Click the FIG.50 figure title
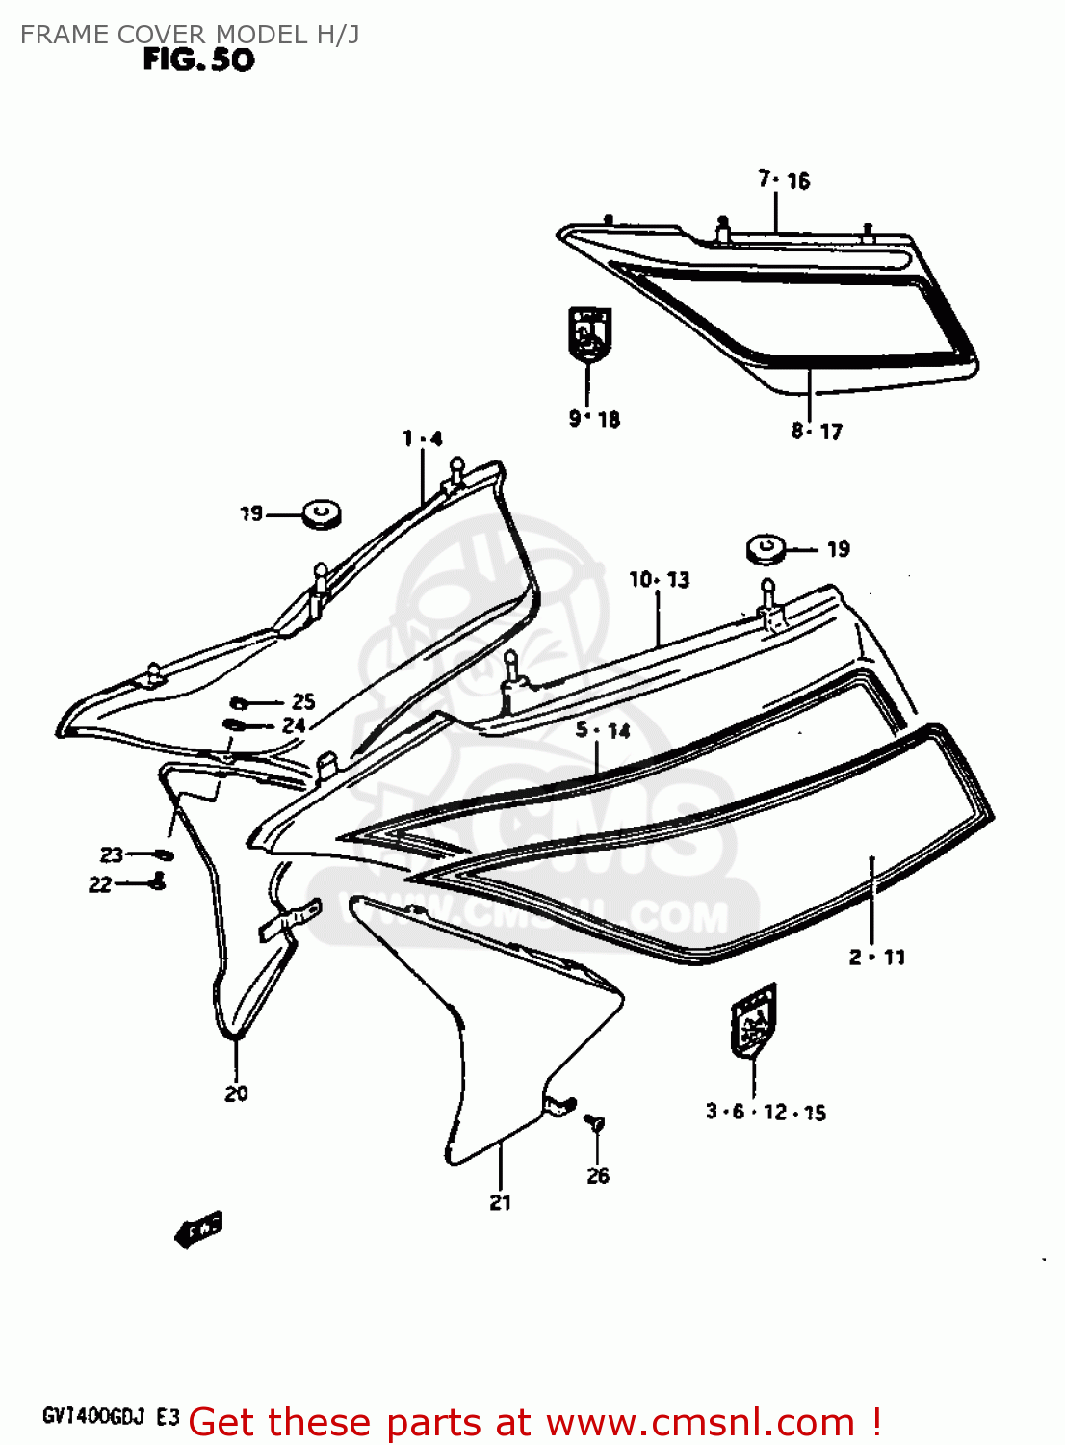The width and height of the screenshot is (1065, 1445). [198, 60]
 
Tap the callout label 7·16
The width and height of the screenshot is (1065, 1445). [784, 180]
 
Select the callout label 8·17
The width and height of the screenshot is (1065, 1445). [817, 432]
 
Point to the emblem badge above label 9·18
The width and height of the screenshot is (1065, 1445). [589, 333]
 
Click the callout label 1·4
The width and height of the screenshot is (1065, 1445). [422, 439]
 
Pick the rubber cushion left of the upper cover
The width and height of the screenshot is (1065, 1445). [322, 514]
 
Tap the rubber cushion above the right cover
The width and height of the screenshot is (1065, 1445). [766, 549]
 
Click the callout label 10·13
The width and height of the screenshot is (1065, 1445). [660, 580]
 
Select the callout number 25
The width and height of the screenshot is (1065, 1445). [303, 701]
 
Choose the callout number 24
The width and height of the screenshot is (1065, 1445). [294, 725]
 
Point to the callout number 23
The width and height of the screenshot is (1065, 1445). [112, 854]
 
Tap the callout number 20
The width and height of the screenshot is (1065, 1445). [236, 1093]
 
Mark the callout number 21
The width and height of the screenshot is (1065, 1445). [500, 1202]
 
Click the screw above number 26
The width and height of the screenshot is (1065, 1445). [596, 1122]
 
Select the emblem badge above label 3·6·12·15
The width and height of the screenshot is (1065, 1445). [754, 1020]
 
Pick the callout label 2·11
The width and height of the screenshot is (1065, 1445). [876, 957]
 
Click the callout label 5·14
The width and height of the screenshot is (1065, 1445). [603, 730]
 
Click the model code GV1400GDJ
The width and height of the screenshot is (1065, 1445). [93, 1416]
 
